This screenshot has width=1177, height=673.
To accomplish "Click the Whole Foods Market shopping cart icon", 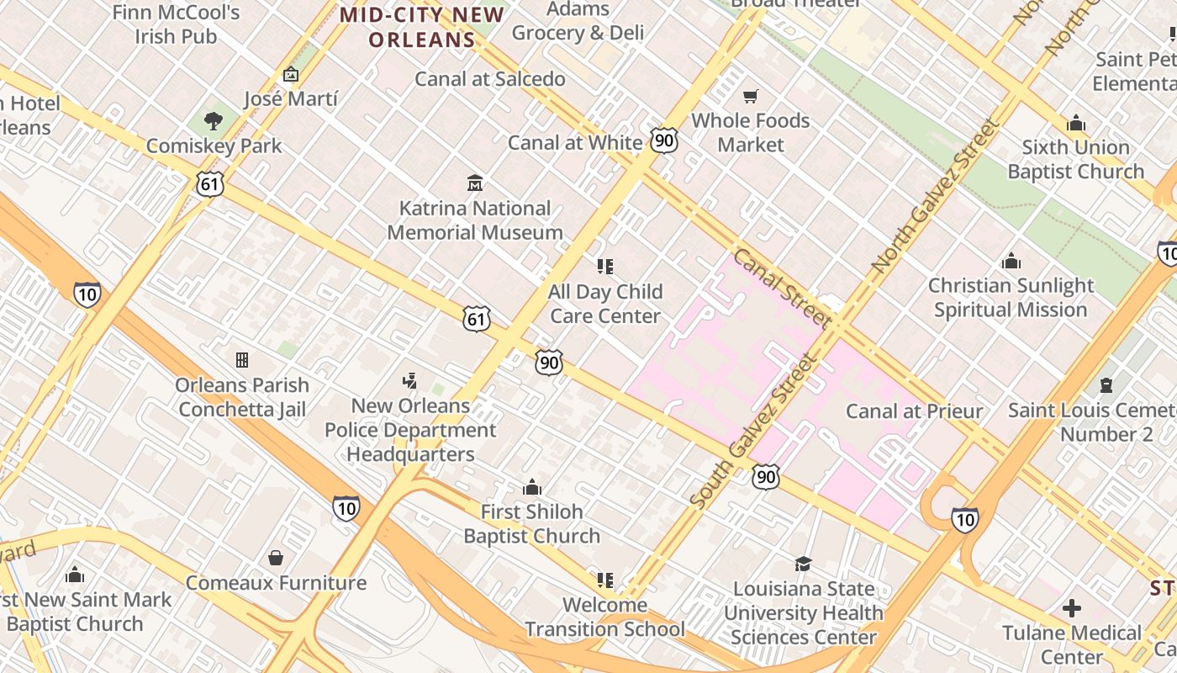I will [x=750, y=96].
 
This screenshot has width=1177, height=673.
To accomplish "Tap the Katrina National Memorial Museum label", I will [x=475, y=220].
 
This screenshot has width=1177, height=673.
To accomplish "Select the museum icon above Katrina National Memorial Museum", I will [x=475, y=183].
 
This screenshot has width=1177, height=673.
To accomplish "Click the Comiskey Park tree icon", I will [x=214, y=121].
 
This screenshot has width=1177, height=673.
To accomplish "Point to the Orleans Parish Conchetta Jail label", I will [x=242, y=397].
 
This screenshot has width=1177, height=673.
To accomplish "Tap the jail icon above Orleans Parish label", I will [x=242, y=360].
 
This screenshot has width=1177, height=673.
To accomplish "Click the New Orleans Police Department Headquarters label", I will [x=410, y=430].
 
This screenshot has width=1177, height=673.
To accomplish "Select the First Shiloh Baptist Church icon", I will [x=531, y=487].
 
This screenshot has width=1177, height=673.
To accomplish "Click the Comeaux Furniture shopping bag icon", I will [x=275, y=558].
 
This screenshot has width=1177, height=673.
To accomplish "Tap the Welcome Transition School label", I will [x=604, y=617].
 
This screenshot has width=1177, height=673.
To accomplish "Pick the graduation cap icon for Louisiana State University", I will [x=803, y=564].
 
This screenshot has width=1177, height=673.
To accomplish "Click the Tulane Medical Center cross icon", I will [x=1071, y=607].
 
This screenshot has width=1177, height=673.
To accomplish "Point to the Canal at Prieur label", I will [x=914, y=411].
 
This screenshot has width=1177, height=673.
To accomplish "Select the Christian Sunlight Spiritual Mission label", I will [x=1011, y=298].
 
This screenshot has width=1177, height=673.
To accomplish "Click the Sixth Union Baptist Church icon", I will [x=1076, y=124].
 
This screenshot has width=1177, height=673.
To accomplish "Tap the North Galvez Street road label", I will [x=935, y=195].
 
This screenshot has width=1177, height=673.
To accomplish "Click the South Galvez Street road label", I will [x=753, y=431].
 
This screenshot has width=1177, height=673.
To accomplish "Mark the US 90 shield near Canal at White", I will [x=664, y=140].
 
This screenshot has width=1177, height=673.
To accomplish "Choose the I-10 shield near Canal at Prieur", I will [x=964, y=520].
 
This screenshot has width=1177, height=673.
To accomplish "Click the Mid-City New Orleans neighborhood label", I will [x=422, y=27].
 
